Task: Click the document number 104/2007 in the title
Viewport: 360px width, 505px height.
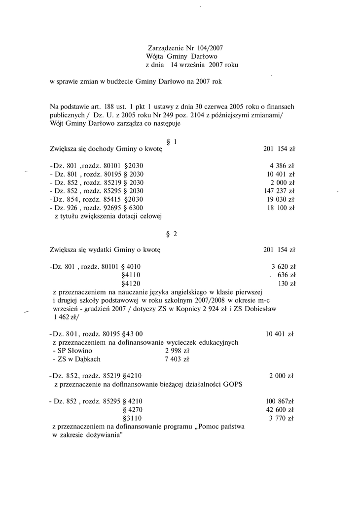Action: click(x=210, y=48)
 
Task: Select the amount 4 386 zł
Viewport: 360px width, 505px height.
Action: click(x=282, y=166)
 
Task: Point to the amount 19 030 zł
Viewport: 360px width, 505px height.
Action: click(x=281, y=199)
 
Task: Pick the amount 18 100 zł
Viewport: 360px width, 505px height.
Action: click(x=281, y=208)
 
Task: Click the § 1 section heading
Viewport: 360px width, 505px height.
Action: click(x=172, y=142)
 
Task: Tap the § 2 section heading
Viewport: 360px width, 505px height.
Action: click(x=172, y=234)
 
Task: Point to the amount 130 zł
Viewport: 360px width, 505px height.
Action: click(x=287, y=284)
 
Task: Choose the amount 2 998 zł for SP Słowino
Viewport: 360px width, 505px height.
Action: click(x=177, y=351)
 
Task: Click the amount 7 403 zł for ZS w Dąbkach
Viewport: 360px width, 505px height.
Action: click(x=177, y=360)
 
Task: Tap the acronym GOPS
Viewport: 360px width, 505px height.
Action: click(x=232, y=385)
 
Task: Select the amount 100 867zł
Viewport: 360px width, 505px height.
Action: click(x=280, y=401)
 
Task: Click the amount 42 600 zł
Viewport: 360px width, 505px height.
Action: click(x=280, y=410)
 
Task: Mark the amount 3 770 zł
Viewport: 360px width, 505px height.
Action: click(x=282, y=418)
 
